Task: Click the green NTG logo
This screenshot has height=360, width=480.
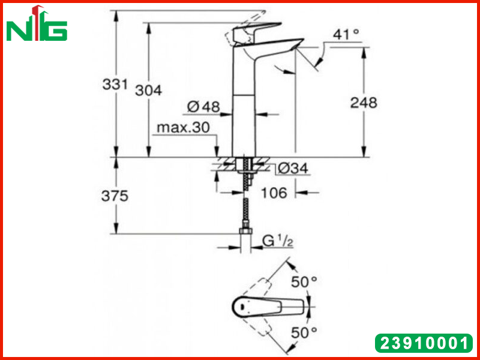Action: (37, 24)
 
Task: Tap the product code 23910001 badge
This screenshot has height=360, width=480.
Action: (424, 343)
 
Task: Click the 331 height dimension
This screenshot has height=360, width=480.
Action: (115, 84)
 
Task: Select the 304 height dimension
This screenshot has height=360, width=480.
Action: (148, 91)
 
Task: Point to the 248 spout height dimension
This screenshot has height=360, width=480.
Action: (364, 103)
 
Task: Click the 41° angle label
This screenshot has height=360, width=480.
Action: (346, 34)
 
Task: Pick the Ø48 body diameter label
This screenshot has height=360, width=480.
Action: (203, 107)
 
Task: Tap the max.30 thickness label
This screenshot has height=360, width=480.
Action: (184, 127)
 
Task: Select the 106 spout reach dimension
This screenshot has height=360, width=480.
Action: (274, 193)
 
